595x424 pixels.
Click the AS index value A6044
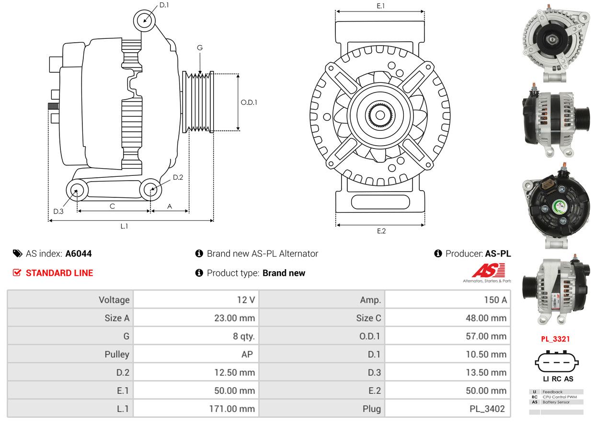tap(79, 254)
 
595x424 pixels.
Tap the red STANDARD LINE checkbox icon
tap(17, 273)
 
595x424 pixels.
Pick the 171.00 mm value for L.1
tap(232, 409)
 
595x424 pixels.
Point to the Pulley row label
tap(117, 355)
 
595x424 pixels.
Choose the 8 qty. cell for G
tap(244, 336)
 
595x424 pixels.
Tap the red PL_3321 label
tap(555, 339)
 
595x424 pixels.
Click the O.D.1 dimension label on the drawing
tap(249, 103)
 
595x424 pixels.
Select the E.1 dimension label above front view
tap(381, 6)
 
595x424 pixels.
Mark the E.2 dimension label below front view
tap(381, 231)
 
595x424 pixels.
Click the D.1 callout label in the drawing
tap(164, 5)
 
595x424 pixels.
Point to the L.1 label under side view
tap(124, 226)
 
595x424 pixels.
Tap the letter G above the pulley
tap(200, 48)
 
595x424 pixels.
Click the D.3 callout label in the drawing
tap(58, 211)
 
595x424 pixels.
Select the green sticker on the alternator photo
tap(560, 207)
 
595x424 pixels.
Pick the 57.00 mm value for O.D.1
tap(486, 336)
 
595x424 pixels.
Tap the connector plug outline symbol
tap(557, 362)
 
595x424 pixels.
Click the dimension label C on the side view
tap(113, 206)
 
